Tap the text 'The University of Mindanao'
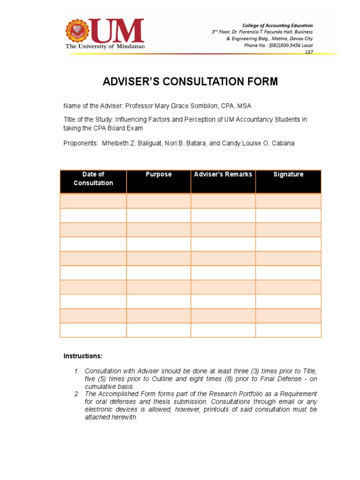[x=105, y=47]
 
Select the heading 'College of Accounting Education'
[x=277, y=25]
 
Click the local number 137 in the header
[x=309, y=52]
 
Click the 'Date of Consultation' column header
[x=93, y=179]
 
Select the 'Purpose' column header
[x=158, y=174]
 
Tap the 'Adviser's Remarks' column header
[x=223, y=174]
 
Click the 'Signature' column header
[x=288, y=174]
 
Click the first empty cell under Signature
[x=288, y=201]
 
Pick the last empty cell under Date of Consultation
[x=93, y=330]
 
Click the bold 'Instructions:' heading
[x=82, y=356]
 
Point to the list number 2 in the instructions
[x=77, y=394]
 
